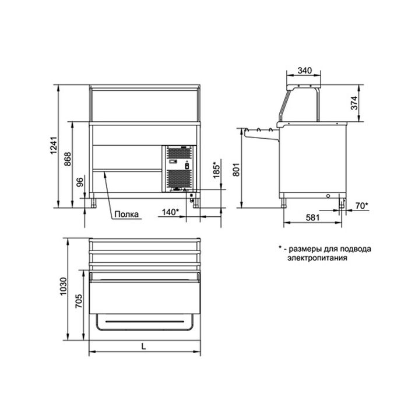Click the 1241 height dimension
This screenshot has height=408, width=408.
tap(54, 145)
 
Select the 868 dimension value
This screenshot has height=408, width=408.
tap(68, 159)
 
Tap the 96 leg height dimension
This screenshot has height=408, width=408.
tap(80, 182)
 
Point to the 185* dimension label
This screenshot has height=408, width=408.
tap(216, 170)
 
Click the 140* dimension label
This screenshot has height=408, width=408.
tap(170, 212)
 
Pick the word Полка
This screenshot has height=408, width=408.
tap(126, 214)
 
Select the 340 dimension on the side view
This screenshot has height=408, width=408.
tap(305, 71)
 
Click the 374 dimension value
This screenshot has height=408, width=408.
tap(354, 103)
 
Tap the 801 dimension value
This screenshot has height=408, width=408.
tap(237, 170)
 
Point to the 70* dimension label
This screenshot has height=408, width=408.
tap(362, 206)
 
